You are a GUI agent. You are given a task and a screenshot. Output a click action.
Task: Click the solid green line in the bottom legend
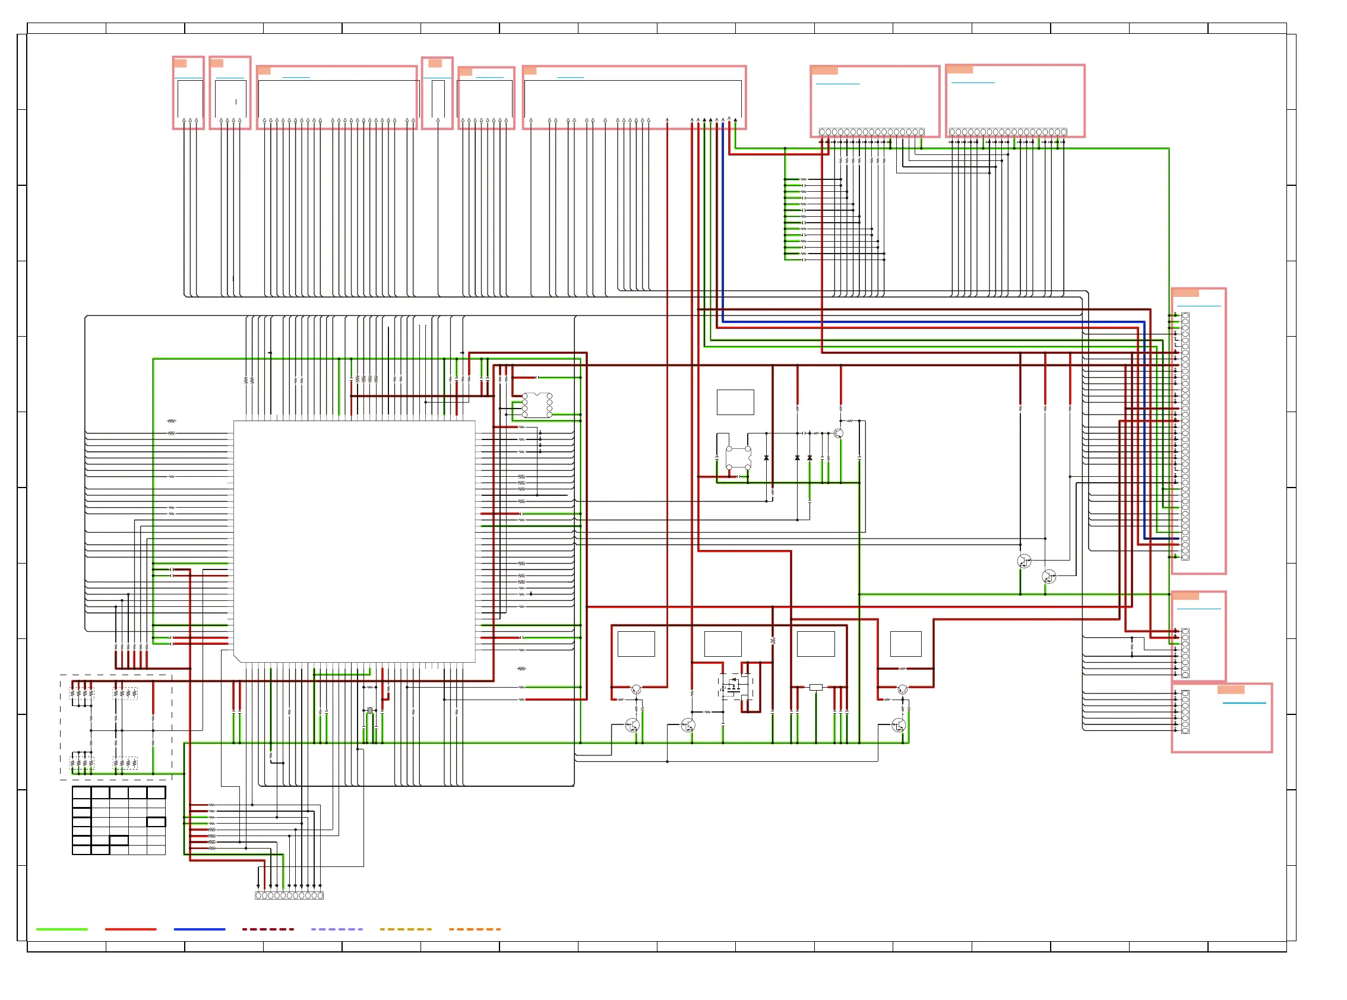62,929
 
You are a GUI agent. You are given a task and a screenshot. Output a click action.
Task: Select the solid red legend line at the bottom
131,929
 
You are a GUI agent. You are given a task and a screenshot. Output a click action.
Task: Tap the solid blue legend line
199,929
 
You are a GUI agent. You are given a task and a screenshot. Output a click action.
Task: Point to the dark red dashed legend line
268,929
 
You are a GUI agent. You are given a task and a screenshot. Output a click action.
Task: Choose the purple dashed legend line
337,929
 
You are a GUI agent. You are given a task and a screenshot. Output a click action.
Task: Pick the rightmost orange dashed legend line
475,929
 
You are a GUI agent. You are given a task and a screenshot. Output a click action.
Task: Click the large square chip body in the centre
354,540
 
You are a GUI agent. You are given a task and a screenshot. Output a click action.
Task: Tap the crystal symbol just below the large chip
369,710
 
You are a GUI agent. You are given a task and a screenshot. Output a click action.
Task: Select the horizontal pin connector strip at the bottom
289,895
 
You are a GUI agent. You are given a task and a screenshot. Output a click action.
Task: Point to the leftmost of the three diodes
766,458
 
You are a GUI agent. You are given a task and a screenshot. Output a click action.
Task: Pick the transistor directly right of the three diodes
839,433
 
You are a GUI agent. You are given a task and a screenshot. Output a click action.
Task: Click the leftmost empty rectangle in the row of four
635,644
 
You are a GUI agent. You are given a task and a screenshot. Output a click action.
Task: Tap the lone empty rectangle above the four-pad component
735,402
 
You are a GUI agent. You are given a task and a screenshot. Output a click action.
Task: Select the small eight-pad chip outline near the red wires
536,405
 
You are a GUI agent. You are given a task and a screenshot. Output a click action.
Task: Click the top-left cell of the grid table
82,793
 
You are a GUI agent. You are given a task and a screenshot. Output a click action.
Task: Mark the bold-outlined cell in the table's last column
156,821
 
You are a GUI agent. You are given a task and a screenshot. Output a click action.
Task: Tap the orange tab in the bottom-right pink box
1231,689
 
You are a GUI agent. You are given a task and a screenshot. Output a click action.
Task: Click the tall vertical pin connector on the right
1185,436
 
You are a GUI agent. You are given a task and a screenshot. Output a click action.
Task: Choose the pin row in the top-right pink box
1007,132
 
